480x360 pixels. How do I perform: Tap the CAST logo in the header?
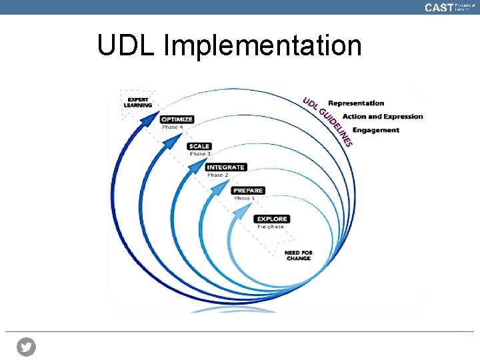click(x=439, y=7)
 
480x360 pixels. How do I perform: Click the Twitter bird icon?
click(x=27, y=347)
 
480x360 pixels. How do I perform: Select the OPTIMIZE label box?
click(x=177, y=119)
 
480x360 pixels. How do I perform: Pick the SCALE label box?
click(x=199, y=146)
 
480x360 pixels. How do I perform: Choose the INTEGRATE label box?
click(x=226, y=167)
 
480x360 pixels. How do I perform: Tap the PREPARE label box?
click(x=249, y=190)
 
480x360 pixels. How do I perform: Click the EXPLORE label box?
click(x=272, y=219)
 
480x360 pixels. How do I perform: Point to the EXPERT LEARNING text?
click(x=139, y=102)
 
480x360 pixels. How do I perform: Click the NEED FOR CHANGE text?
click(x=298, y=255)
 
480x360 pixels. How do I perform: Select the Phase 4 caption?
click(x=172, y=127)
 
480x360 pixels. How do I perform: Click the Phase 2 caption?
click(x=217, y=175)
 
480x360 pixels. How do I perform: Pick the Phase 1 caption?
click(x=243, y=198)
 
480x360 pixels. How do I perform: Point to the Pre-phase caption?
click(x=270, y=227)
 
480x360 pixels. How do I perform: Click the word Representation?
click(x=356, y=103)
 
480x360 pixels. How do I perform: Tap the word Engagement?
click(x=375, y=130)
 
